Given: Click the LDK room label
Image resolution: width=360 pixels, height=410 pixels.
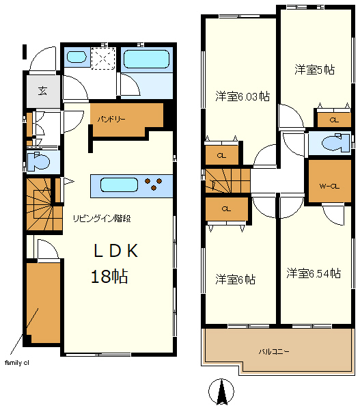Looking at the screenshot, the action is pos(116,251).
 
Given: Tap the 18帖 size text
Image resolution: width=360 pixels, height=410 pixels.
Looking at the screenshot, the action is pos(109,276).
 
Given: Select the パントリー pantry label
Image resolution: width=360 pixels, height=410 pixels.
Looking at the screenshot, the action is pos(111,120).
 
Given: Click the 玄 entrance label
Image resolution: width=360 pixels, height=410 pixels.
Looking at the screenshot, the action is pos(42,91).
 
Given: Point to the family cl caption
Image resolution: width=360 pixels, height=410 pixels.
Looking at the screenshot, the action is pos(16,363).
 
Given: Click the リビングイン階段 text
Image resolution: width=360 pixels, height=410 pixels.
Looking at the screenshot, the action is pos(102,219).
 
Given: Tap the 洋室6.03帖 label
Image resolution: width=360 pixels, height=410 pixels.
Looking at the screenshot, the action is pos(243,96).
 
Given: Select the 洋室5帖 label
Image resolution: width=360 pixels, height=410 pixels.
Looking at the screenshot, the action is pos(314,70).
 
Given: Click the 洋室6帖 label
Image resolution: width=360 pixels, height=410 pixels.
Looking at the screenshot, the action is pos(235,279).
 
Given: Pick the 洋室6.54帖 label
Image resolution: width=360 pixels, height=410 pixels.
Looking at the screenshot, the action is pos(314,273).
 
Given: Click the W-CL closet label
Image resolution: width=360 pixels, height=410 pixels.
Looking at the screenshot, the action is pos(329,187).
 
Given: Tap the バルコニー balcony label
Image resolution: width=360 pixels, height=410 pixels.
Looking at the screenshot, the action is pos(274,351).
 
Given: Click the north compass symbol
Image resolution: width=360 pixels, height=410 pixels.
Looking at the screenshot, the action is pos(221,392).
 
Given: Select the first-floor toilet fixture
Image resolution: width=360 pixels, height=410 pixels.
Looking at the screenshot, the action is pos(38,161).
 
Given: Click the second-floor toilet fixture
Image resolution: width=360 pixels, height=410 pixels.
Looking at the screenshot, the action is pos(335,143).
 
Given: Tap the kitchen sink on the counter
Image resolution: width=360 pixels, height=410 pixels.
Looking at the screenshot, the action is pos(119,185).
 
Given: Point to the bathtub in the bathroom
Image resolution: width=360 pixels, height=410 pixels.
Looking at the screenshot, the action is pos(146,59).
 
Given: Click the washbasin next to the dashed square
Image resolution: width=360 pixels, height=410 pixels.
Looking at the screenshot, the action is pos(77,57).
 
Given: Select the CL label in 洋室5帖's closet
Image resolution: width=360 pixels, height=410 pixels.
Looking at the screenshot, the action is pos(334,120).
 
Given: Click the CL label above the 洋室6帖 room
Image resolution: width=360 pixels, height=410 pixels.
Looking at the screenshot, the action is pos(226,209).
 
